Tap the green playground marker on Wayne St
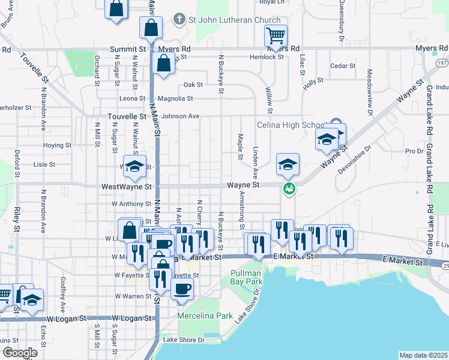(x=289, y=188)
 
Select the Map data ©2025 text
(x=423, y=355)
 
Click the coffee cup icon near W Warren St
(x=182, y=287)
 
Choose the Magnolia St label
(x=175, y=98)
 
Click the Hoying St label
(x=58, y=145)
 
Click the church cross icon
(x=178, y=19)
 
